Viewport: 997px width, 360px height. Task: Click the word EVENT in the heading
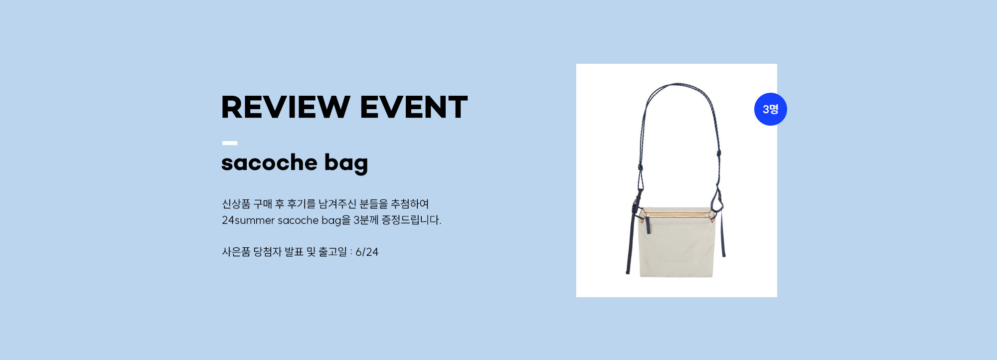coord(414,107)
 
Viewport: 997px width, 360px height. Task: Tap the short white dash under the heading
coord(230,143)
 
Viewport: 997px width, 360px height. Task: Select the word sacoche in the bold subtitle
coord(269,163)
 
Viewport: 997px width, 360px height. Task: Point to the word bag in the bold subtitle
coord(346,164)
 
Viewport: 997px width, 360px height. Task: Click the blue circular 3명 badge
coord(771,109)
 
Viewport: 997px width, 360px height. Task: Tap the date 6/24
coord(367,252)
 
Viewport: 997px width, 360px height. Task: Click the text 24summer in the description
coord(248,220)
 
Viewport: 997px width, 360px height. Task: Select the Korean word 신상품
coord(236,204)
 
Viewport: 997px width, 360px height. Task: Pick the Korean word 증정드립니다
coord(411,220)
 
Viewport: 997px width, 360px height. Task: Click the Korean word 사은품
coord(236,252)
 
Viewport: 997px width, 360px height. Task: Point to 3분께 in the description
coord(366,220)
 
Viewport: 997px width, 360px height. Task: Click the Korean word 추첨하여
coord(410,204)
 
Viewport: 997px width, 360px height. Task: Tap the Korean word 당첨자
coord(267,252)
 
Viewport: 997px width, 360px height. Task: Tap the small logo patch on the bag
coord(696,261)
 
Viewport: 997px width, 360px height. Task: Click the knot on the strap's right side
coord(719,154)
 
